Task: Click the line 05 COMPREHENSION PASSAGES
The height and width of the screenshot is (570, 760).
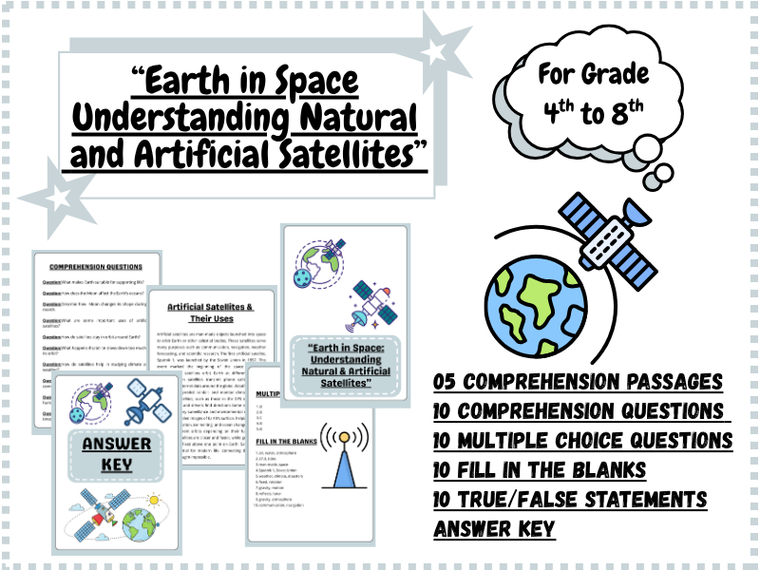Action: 578,382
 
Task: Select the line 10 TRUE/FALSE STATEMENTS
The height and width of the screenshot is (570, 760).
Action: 570,500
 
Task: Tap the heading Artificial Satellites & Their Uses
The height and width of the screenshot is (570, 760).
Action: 210,313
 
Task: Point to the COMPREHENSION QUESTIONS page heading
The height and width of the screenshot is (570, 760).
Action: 95,267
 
